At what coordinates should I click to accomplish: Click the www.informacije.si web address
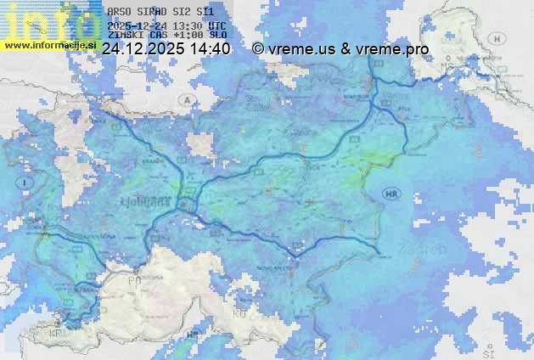click(x=50, y=45)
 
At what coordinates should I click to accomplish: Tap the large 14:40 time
click(x=210, y=49)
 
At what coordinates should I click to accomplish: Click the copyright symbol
click(x=258, y=49)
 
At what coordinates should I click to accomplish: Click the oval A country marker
click(x=185, y=100)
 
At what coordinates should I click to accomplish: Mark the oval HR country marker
click(x=391, y=194)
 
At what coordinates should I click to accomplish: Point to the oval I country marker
click(x=27, y=183)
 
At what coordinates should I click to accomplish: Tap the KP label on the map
click(x=55, y=334)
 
